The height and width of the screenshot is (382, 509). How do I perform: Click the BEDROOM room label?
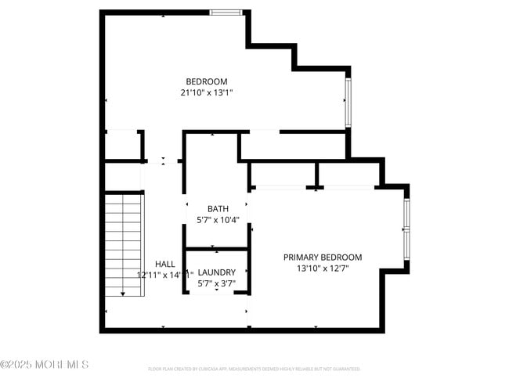(207, 81)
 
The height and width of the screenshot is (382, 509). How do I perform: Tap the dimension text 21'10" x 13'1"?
(207, 92)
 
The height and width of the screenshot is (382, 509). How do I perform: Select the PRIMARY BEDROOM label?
(323, 257)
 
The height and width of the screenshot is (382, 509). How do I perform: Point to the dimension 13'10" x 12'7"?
(323, 268)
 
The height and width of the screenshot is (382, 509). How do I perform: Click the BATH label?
(218, 208)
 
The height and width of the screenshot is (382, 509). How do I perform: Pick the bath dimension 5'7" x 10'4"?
(218, 220)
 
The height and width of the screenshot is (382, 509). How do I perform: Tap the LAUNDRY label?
(217, 272)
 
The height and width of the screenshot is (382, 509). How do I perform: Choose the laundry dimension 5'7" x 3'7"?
(217, 283)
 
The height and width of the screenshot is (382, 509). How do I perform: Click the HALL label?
(165, 264)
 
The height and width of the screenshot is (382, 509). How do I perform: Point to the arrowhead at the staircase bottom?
(123, 294)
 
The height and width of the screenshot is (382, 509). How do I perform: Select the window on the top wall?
(226, 13)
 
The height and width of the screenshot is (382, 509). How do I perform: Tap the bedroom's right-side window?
(348, 102)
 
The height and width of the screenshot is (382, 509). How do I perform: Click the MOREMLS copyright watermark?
(45, 365)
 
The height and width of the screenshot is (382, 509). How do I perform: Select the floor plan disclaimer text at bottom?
(254, 368)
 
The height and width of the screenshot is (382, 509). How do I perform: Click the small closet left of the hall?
(123, 145)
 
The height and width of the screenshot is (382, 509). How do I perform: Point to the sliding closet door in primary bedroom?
(313, 188)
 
